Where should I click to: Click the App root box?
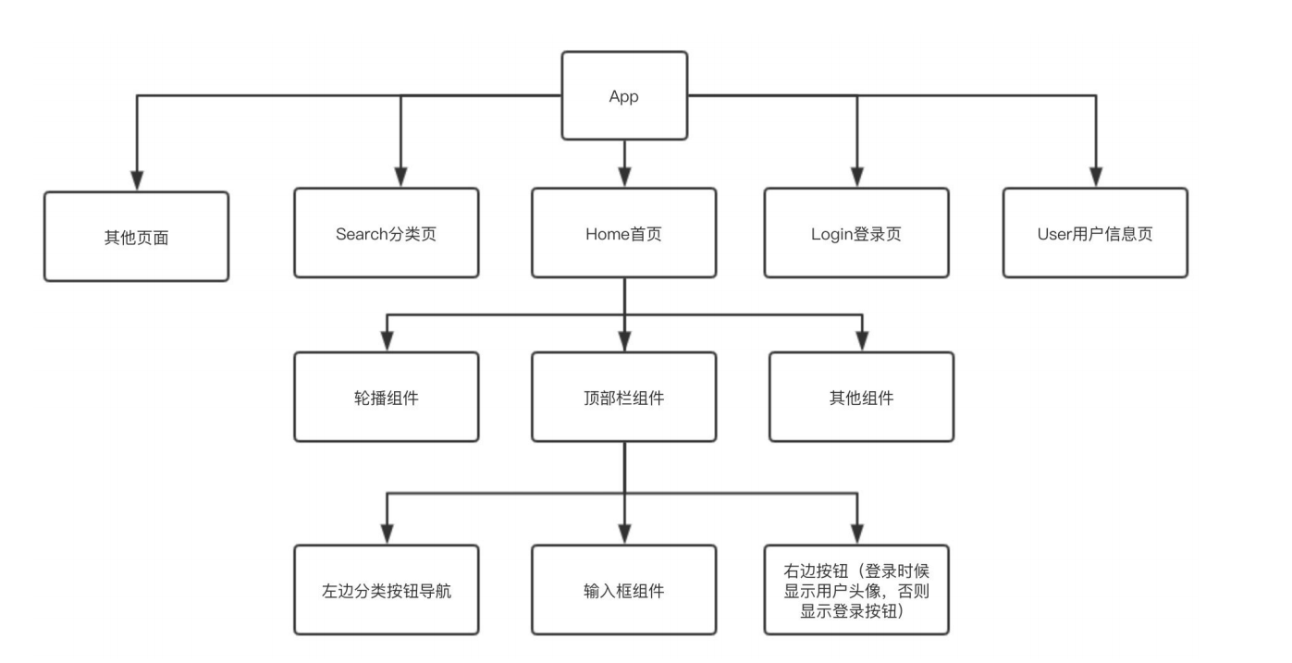click(x=624, y=96)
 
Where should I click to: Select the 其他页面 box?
click(x=136, y=237)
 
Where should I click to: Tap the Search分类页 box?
click(x=387, y=233)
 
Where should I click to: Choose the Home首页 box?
click(x=623, y=233)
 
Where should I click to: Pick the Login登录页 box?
click(x=856, y=233)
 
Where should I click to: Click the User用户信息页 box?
click(x=1095, y=233)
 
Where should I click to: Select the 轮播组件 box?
click(x=387, y=398)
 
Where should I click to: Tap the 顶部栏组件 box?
click(x=623, y=398)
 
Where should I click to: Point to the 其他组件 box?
click(x=862, y=398)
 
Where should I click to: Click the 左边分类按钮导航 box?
click(x=387, y=590)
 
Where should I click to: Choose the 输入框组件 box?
click(x=623, y=590)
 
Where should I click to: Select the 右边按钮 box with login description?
click(x=856, y=590)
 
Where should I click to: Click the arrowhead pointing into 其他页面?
click(x=137, y=179)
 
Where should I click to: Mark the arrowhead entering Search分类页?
click(x=400, y=177)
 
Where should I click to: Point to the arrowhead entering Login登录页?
click(x=856, y=177)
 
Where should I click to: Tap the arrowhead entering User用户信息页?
click(x=1096, y=177)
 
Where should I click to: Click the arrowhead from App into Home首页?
click(x=624, y=177)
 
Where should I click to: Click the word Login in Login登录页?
click(x=830, y=233)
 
